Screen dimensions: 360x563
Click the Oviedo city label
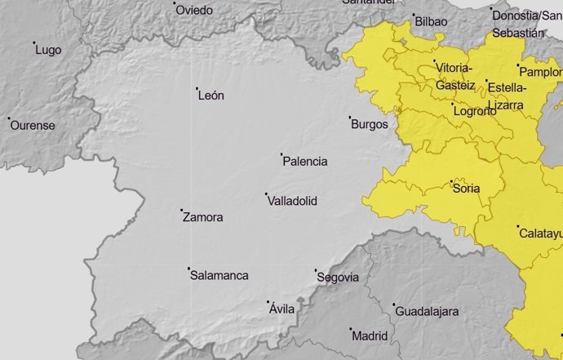[196, 11]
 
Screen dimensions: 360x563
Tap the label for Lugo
[48, 50]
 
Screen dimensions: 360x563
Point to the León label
[211, 96]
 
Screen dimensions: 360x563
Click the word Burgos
[370, 125]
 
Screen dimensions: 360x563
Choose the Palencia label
[304, 162]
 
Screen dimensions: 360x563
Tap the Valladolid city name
[292, 201]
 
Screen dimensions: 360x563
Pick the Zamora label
[203, 218]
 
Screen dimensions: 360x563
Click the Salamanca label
[219, 276]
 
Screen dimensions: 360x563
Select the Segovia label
[337, 278]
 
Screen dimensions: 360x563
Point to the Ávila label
[281, 309]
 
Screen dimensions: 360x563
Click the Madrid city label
[370, 336]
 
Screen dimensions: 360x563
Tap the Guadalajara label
[426, 312]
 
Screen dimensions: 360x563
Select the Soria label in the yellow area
[466, 189]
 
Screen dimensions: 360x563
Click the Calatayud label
[540, 233]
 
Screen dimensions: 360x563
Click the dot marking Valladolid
[266, 194]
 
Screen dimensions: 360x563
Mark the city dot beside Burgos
[350, 118]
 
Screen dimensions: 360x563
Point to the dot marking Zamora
[181, 211]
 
